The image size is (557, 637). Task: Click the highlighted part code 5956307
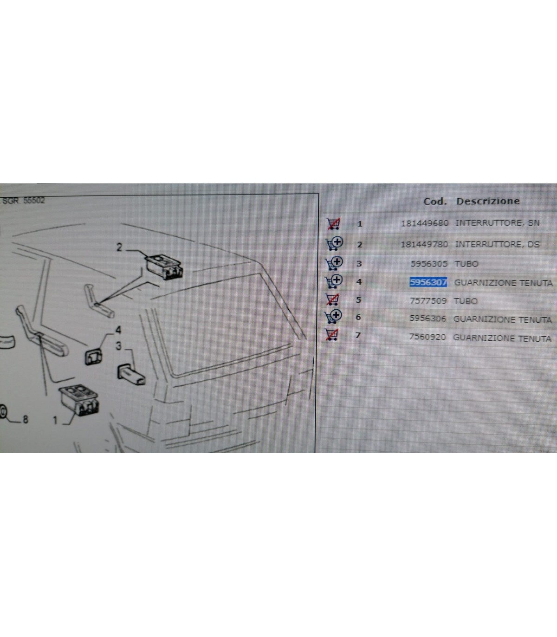pos(428,282)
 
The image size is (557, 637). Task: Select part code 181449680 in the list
pos(425,223)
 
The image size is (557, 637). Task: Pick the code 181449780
pos(424,244)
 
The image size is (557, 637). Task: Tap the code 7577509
pos(428,301)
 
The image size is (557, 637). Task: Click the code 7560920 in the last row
pos(427,337)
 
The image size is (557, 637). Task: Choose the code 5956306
pos(428,318)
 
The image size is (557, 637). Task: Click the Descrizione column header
pos(488,201)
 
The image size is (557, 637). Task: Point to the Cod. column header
pos(435,201)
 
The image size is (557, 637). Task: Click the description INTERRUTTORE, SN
pos(498,223)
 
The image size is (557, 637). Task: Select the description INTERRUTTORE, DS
pos(497,244)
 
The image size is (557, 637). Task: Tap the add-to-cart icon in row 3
pos(334,263)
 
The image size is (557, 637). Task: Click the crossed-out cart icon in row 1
pos(333,223)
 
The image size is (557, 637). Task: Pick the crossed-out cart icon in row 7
pos(332,335)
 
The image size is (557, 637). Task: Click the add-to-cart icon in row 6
pos(333,317)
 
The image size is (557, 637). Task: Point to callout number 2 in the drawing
pos(119,247)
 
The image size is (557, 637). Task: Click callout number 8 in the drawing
pos(25,419)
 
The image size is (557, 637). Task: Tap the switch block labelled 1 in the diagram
pos(79,400)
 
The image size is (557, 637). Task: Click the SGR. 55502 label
pos(24,201)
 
